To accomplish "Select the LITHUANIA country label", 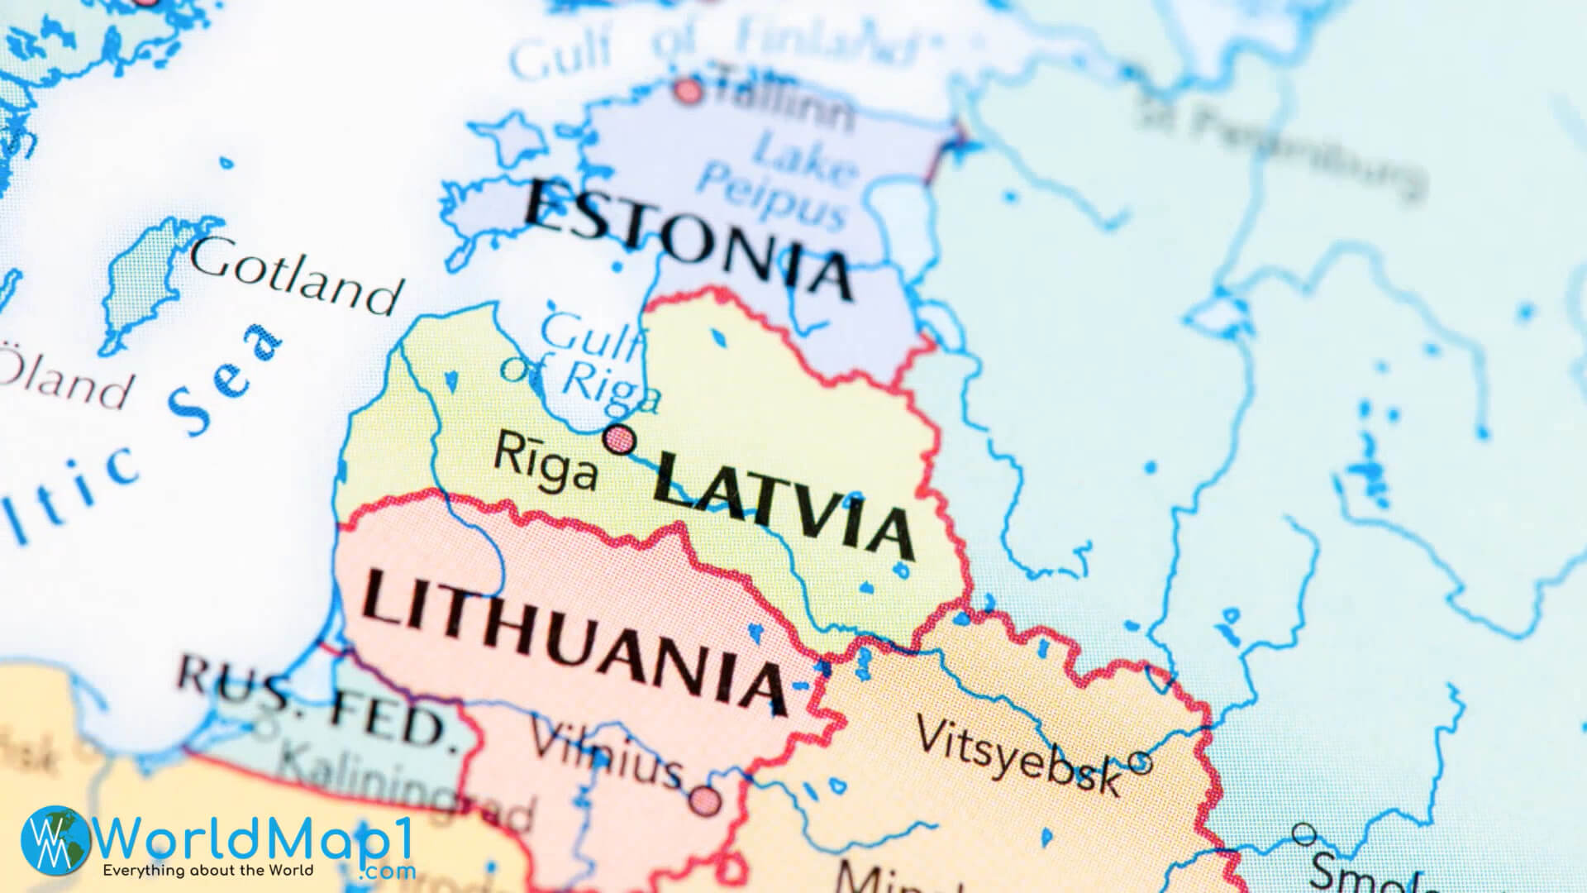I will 574,642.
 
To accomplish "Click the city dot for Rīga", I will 619,438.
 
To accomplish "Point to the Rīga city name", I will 546,463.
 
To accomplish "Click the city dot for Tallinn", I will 688,89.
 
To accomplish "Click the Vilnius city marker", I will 705,800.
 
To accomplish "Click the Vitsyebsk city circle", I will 1139,762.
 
